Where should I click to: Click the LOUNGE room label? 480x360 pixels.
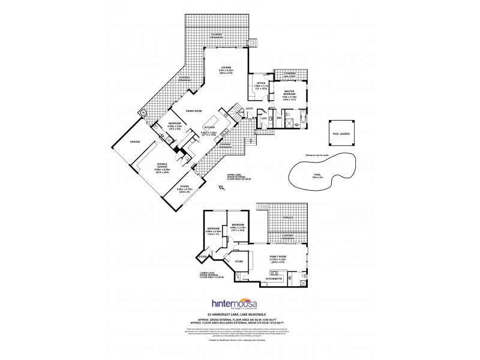(x=226, y=68)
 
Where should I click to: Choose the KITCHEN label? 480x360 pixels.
(x=209, y=127)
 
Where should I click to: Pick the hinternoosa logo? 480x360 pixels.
(x=239, y=304)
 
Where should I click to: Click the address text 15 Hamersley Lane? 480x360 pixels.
(x=239, y=314)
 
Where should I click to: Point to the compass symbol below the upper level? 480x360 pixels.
(x=221, y=188)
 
